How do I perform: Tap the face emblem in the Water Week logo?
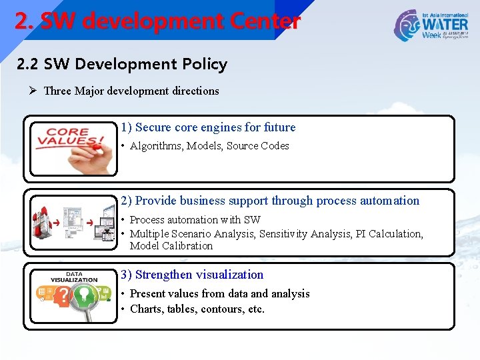pyautogui.click(x=407, y=25)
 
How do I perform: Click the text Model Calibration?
pyautogui.click(x=171, y=246)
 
